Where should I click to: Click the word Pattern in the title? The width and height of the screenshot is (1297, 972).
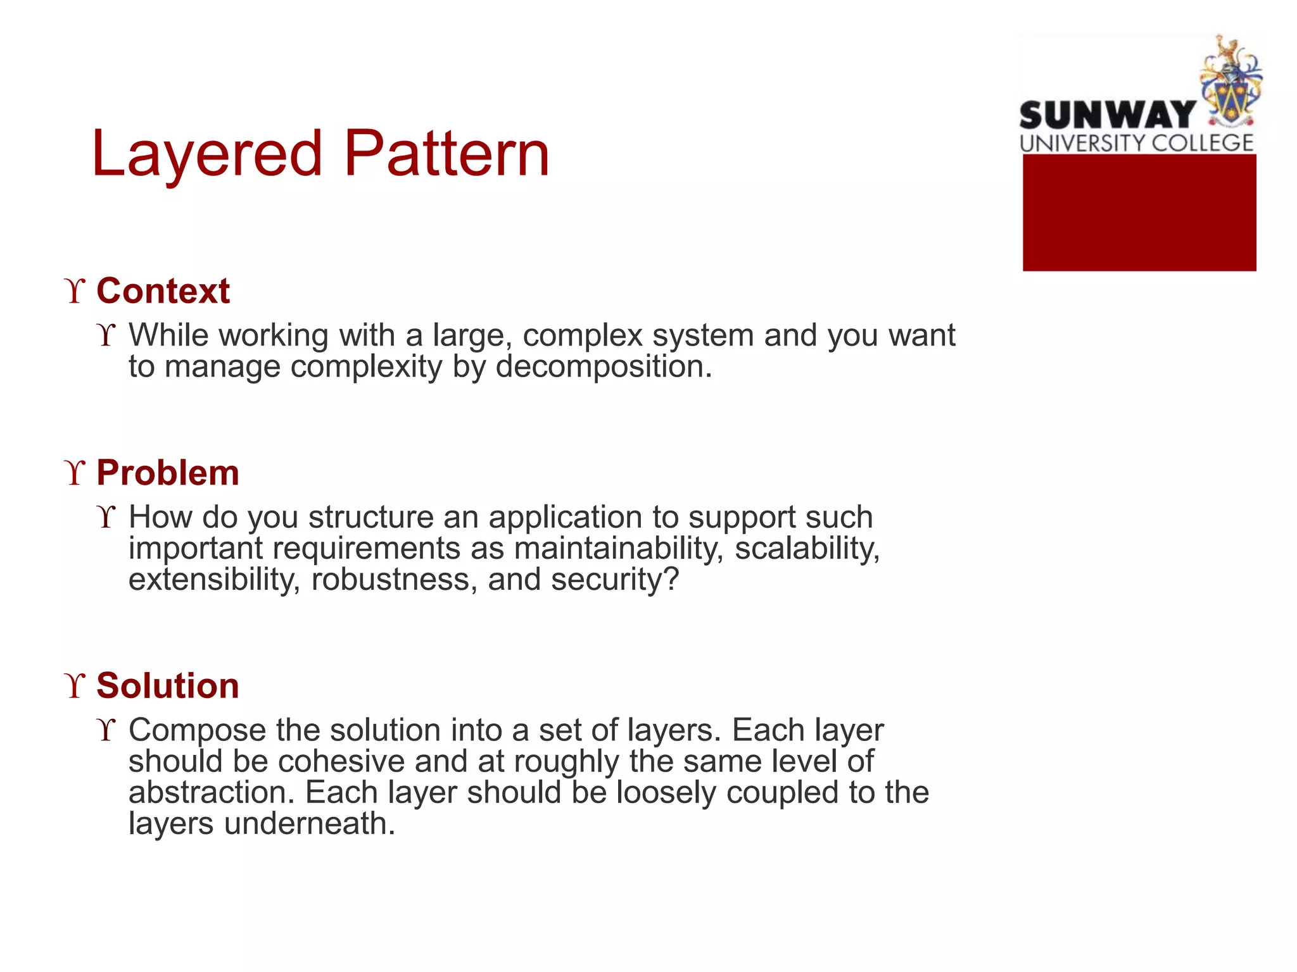coord(446,154)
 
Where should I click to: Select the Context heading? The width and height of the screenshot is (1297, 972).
coord(163,291)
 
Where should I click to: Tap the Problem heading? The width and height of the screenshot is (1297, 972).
coord(168,473)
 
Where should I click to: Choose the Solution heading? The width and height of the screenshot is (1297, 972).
coord(168,685)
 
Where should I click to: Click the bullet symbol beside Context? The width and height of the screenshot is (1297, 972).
coord(75,291)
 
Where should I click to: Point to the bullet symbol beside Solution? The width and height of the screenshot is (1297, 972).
coord(75,686)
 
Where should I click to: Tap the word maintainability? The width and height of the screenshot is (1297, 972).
coord(618,548)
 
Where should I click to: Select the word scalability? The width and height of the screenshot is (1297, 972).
coord(807,548)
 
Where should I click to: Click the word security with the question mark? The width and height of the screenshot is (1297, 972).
coord(614,579)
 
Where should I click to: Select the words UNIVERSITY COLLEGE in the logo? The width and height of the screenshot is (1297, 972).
coord(1137,143)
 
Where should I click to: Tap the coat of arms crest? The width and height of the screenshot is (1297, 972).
coord(1230,82)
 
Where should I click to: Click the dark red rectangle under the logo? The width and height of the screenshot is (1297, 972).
coord(1139,213)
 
